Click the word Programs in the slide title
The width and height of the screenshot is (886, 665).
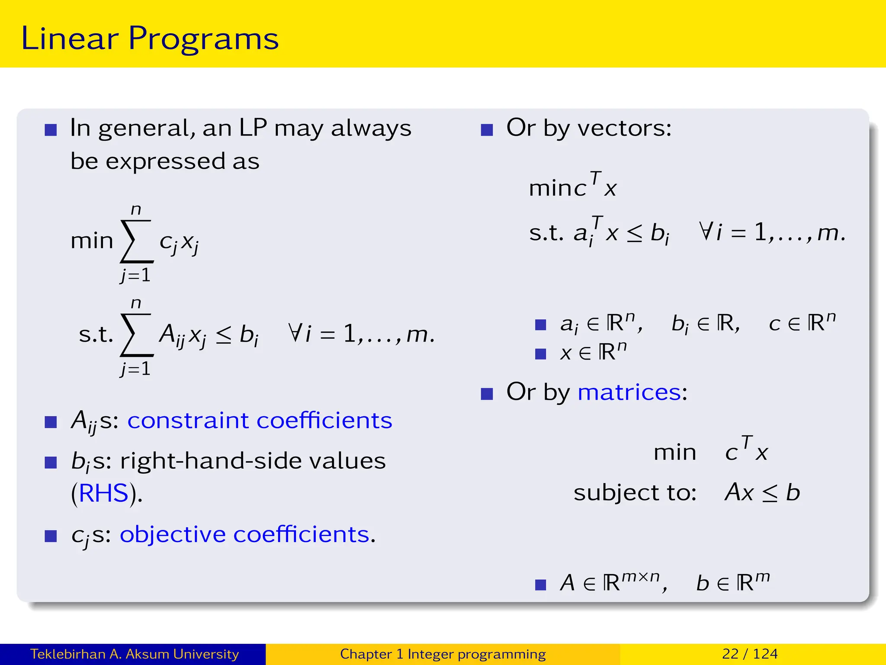(x=203, y=39)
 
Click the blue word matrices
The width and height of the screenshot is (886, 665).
(x=629, y=392)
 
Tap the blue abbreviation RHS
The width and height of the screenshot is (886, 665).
(x=104, y=493)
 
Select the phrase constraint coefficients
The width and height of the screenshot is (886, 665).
(x=260, y=420)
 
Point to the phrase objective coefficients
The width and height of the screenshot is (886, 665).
(x=245, y=534)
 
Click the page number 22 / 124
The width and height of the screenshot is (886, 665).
(x=750, y=654)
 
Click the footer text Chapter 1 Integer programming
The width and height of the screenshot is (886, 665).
(x=443, y=654)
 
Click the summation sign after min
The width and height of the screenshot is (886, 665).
(x=137, y=242)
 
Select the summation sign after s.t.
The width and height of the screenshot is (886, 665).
(x=137, y=335)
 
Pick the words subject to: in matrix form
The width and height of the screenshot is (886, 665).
(x=635, y=493)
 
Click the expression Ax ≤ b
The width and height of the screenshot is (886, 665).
(x=762, y=493)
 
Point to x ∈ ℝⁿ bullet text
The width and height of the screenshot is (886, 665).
(x=593, y=352)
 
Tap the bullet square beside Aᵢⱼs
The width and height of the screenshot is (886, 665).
(x=51, y=422)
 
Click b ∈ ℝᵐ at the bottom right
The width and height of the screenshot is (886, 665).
(x=733, y=582)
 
